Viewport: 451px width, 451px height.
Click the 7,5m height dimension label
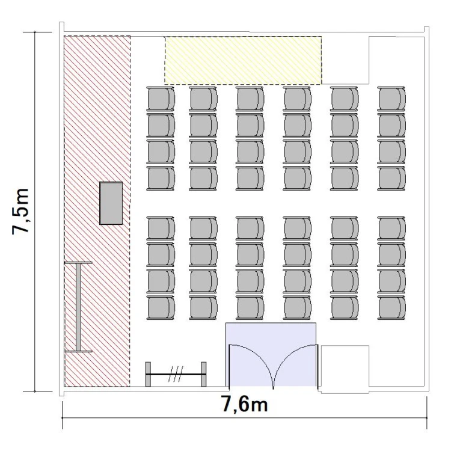[20, 212]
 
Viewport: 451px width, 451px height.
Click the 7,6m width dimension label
[245, 404]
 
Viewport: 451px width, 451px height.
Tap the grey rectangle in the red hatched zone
[111, 203]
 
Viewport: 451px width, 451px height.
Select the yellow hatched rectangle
[243, 60]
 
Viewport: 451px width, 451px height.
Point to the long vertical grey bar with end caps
[78, 307]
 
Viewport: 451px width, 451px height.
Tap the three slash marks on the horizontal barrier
[176, 374]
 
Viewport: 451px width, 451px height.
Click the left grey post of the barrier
[148, 374]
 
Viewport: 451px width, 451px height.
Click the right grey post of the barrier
[204, 374]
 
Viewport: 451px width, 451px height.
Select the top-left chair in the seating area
[161, 99]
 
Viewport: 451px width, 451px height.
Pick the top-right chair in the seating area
[391, 99]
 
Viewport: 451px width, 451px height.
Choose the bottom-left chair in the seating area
[161, 308]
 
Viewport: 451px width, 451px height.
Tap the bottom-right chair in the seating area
[391, 308]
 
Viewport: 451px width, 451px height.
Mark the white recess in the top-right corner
[396, 60]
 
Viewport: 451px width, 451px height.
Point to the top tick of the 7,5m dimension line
[35, 32]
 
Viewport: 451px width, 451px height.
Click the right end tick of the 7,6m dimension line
[427, 418]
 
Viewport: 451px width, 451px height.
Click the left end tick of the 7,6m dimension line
[63, 418]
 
